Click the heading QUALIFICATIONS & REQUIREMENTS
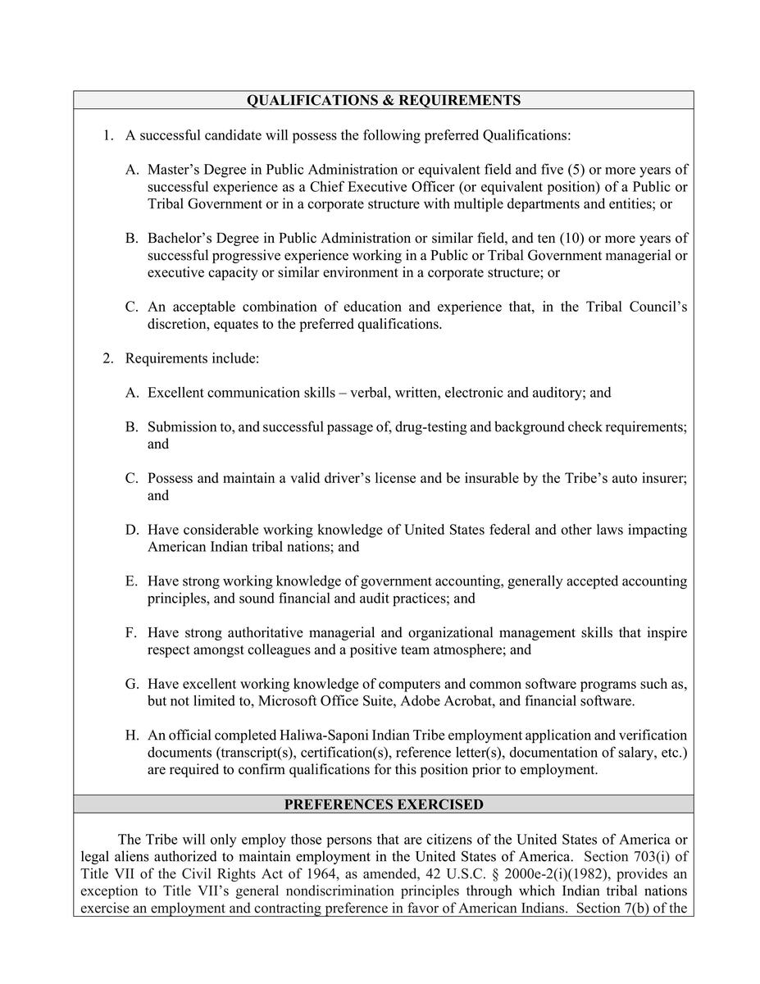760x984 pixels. point(384,100)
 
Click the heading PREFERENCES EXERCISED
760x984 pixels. point(384,804)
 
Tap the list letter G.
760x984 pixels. point(131,684)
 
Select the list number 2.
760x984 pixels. point(107,358)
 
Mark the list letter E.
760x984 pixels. point(131,581)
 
